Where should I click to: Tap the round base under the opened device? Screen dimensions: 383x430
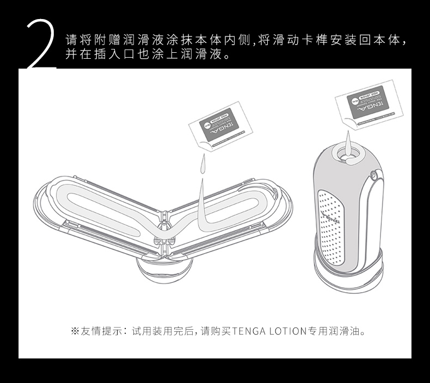[x=163, y=269]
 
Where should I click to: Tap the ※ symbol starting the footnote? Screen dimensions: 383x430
[x=75, y=331]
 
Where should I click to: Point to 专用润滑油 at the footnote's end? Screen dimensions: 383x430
[x=336, y=331]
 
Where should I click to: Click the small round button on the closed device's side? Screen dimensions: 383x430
[x=373, y=175]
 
